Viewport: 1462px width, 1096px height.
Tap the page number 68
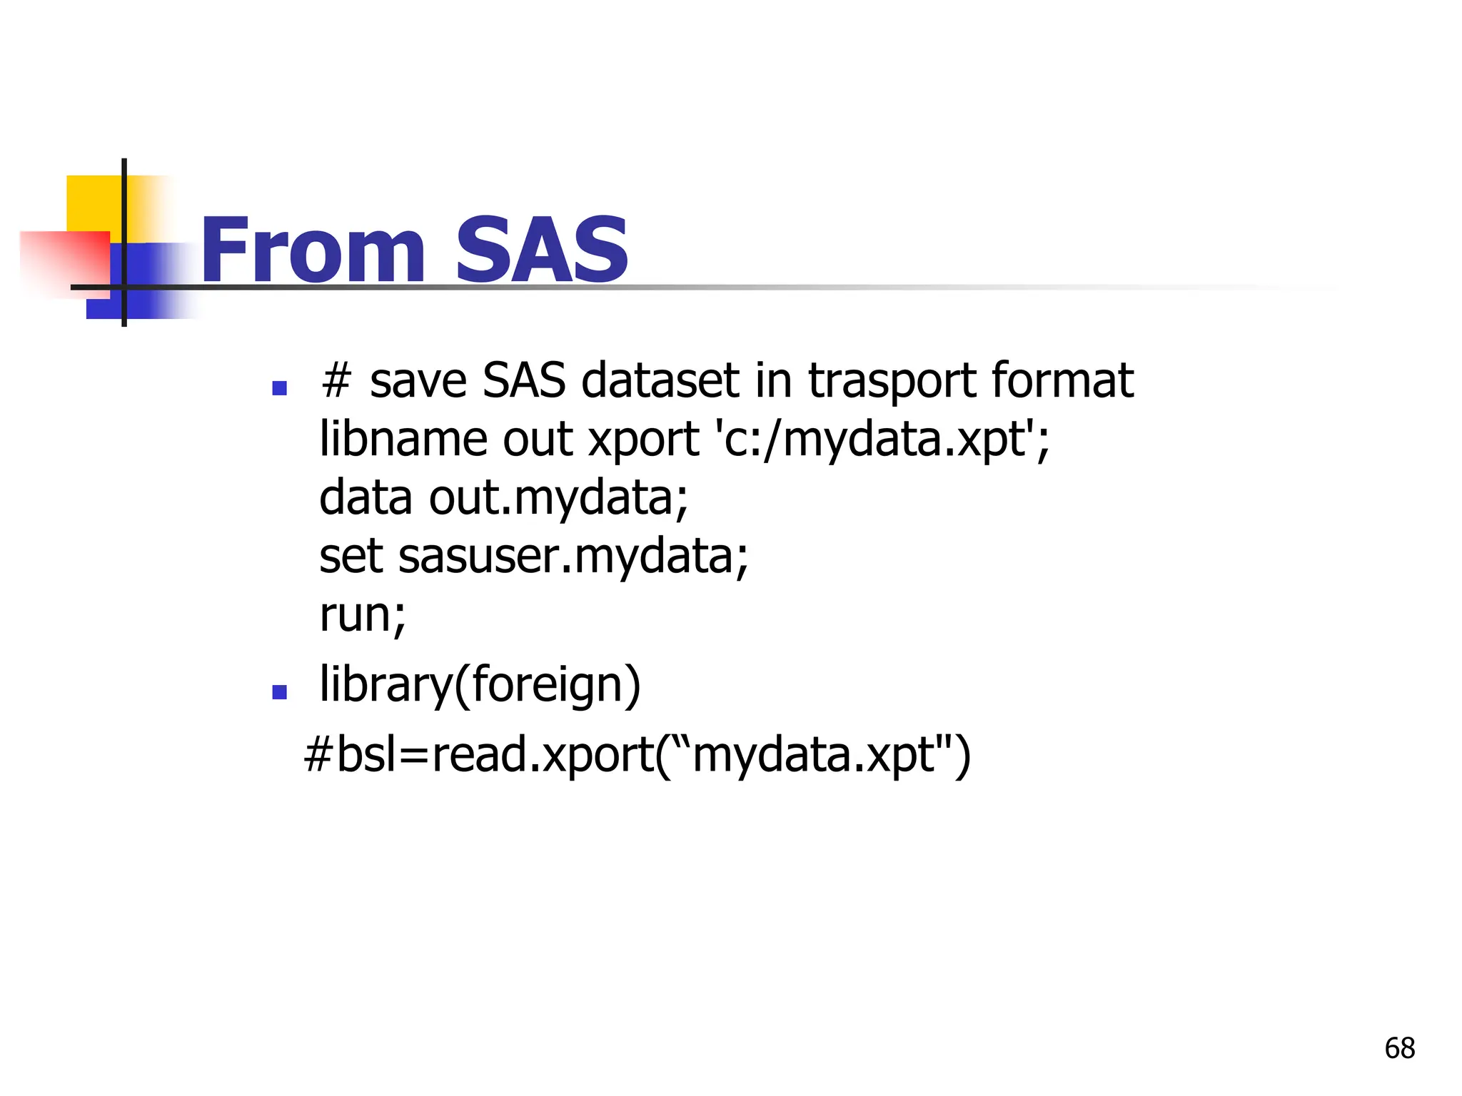(1399, 1048)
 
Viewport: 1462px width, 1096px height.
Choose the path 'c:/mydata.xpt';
(882, 440)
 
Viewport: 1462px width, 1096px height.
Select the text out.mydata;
(558, 498)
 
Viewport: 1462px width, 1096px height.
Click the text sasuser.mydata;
(573, 557)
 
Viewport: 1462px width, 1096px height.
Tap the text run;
(362, 615)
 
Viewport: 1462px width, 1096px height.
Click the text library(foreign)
(480, 685)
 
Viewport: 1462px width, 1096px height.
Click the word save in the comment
(418, 381)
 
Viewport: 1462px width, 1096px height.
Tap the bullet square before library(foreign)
(280, 691)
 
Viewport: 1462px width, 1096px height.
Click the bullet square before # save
(280, 388)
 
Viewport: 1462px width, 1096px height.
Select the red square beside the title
(64, 260)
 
